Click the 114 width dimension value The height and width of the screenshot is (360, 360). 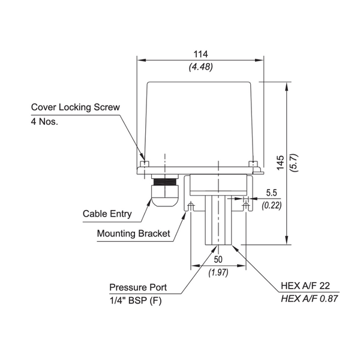[x=200, y=53]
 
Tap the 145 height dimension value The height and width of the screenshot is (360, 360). [x=281, y=161]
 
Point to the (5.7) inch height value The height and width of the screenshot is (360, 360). [x=294, y=161]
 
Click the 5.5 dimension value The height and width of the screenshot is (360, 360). [x=271, y=194]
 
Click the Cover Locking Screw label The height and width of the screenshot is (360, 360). [x=76, y=107]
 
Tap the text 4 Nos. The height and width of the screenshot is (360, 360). [x=47, y=121]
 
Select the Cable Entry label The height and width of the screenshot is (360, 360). [x=106, y=214]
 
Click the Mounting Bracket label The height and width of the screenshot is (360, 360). [x=133, y=233]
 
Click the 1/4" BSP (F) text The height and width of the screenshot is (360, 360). [x=136, y=299]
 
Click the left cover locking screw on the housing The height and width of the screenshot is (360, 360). [x=143, y=164]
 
